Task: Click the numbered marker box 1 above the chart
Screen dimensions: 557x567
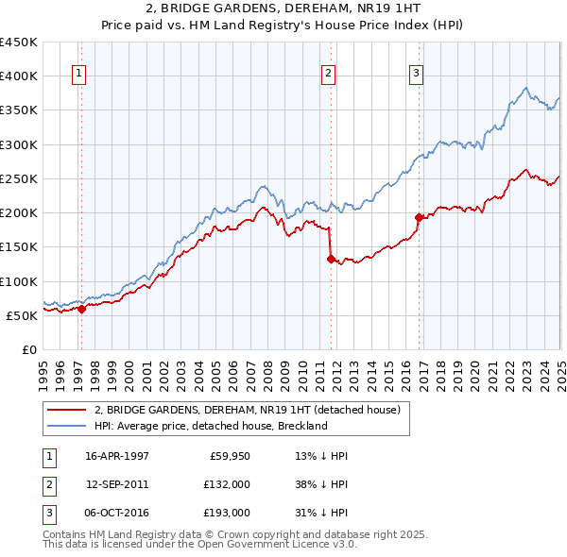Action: click(78, 75)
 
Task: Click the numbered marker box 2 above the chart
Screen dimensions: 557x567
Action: click(328, 75)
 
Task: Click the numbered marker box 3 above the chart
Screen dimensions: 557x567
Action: click(416, 75)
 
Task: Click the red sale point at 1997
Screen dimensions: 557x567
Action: click(82, 308)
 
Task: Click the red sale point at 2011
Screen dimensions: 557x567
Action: click(331, 259)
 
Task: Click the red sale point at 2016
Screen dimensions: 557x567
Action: click(419, 217)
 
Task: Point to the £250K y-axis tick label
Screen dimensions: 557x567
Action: click(19, 178)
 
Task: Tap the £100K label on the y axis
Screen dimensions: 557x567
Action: click(19, 281)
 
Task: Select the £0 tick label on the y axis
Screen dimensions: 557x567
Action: click(28, 349)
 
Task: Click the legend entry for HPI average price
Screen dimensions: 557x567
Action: click(210, 426)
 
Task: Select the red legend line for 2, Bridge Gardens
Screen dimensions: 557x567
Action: click(67, 410)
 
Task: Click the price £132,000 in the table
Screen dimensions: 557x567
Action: click(227, 484)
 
